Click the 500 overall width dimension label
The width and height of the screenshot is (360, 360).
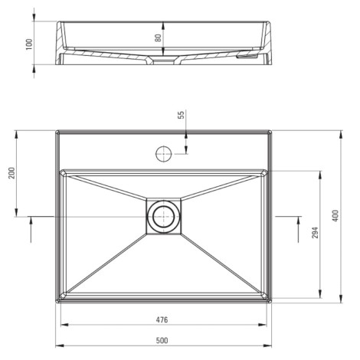click(162, 340)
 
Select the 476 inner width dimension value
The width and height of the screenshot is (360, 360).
click(162, 319)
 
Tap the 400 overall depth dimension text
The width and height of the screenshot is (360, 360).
click(335, 216)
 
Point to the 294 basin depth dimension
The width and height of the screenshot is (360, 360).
click(316, 233)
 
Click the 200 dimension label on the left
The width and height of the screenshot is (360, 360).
click(12, 173)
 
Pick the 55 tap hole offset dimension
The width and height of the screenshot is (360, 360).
click(181, 115)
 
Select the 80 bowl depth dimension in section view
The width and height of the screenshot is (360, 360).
click(158, 38)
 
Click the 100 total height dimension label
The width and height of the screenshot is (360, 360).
click(29, 44)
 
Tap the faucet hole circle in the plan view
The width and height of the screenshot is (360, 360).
click(163, 154)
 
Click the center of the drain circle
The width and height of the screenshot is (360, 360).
click(163, 217)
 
